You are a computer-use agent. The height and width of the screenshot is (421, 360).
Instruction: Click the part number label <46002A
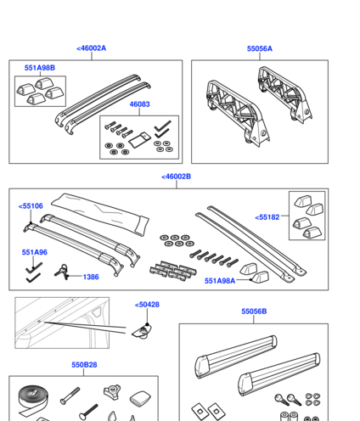click(92, 48)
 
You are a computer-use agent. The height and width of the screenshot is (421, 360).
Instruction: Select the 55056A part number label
click(260, 48)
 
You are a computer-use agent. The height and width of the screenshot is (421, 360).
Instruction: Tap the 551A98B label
click(40, 68)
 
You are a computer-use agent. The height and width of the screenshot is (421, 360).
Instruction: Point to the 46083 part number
click(139, 104)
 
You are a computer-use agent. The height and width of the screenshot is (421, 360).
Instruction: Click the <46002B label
click(176, 177)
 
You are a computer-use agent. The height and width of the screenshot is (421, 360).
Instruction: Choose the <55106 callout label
click(31, 206)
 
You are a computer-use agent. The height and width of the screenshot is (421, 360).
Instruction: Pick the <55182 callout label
click(267, 217)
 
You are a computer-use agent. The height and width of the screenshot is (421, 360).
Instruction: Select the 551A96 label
click(35, 252)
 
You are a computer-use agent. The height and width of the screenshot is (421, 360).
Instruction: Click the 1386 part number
click(91, 277)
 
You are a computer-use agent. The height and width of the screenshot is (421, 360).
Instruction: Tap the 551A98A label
click(220, 281)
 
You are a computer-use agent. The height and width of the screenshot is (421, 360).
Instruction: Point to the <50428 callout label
click(147, 305)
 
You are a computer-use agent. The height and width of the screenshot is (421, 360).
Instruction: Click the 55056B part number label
click(254, 312)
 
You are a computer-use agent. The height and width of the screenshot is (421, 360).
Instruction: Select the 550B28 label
click(84, 365)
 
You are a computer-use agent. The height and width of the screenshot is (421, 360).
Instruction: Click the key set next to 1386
click(62, 272)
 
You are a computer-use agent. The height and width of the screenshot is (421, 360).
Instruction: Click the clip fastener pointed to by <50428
click(143, 332)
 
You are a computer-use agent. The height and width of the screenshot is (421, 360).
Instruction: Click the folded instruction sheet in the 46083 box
click(140, 139)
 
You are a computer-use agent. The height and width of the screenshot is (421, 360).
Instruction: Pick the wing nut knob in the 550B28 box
click(112, 391)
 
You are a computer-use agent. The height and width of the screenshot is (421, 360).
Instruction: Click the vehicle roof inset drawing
click(62, 323)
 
